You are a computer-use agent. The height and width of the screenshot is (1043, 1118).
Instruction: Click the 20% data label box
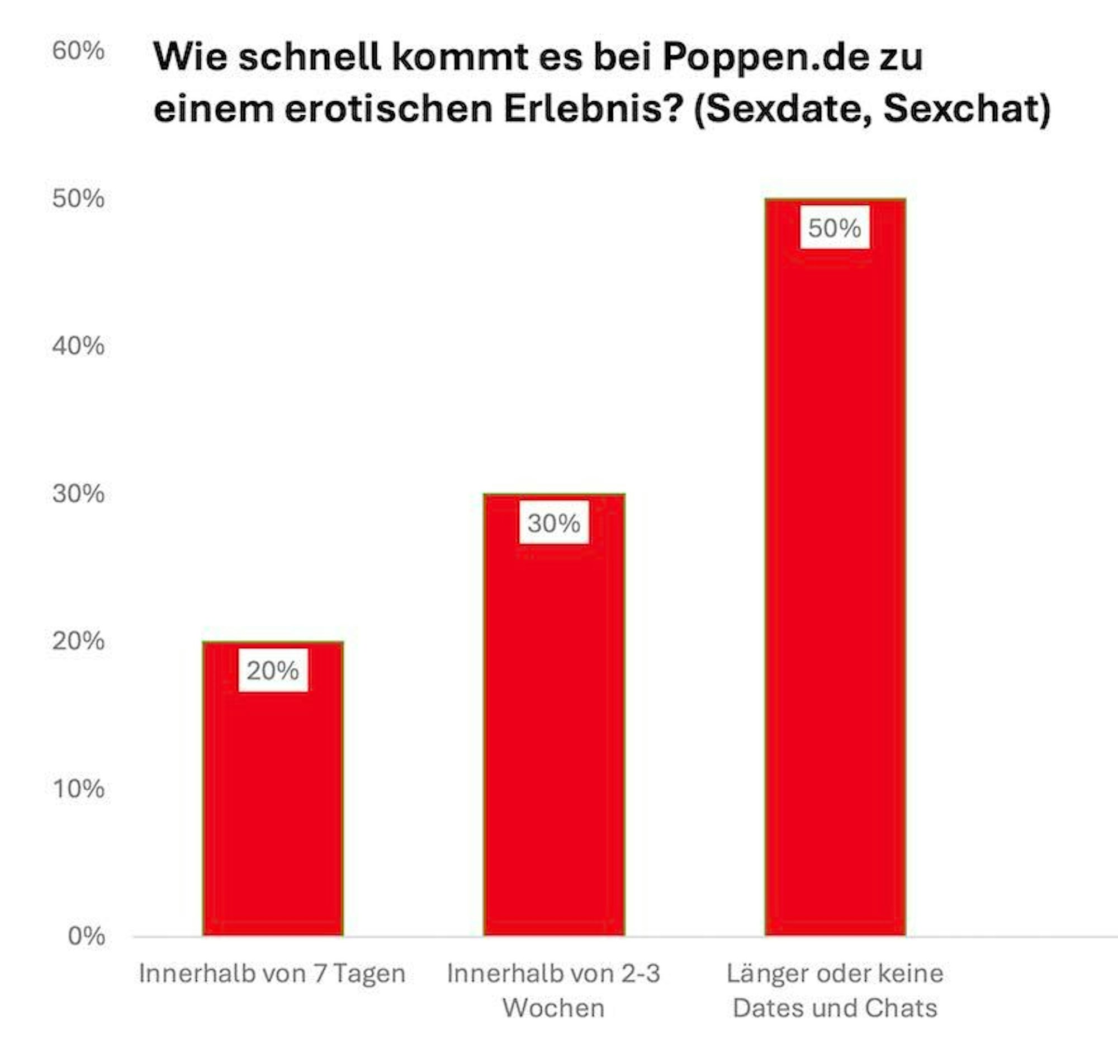(273, 670)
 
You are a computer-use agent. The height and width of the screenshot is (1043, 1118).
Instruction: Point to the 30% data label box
(554, 523)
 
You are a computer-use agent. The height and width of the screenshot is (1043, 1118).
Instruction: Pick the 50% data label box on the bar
(835, 227)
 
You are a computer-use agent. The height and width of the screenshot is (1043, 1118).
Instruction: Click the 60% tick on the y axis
(78, 51)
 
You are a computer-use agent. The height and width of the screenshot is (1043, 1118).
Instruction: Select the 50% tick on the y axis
(78, 199)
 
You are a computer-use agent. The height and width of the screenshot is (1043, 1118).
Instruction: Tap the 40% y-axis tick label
(78, 346)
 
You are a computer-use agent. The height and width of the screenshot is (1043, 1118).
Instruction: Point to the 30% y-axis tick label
(78, 493)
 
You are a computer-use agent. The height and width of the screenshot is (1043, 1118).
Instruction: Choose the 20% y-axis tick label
(78, 641)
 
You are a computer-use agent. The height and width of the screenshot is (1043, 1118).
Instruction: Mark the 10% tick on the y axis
(78, 789)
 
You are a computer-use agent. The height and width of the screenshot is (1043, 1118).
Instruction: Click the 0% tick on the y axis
(86, 936)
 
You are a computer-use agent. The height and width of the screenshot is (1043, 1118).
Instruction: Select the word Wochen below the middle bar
(554, 1008)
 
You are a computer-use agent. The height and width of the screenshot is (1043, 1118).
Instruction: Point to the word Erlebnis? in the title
(593, 108)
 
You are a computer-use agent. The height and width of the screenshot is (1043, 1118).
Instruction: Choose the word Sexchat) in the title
(967, 108)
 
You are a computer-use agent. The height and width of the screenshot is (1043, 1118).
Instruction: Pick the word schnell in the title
(309, 56)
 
